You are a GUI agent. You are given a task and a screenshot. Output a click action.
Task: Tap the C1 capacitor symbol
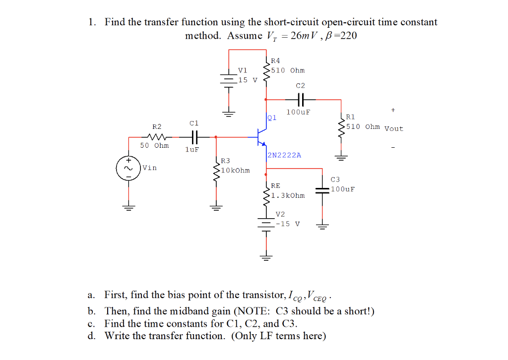(194, 136)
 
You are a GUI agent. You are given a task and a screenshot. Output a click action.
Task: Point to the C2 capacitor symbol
(301, 99)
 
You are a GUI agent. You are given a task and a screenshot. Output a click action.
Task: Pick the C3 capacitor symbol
(322, 188)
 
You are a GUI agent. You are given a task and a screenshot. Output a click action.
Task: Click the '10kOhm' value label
(236, 171)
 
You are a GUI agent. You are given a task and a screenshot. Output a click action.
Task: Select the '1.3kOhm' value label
(288, 195)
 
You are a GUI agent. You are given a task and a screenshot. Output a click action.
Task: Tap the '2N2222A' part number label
(284, 155)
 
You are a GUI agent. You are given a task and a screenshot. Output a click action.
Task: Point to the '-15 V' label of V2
(288, 224)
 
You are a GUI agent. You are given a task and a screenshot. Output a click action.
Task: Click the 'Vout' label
(394, 129)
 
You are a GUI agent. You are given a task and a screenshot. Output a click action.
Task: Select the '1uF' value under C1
(192, 149)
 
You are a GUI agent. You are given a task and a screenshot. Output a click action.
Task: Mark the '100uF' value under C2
(298, 112)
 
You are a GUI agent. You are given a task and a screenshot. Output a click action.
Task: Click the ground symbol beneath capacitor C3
(322, 227)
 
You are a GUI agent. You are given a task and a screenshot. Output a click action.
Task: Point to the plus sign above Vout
(393, 110)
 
